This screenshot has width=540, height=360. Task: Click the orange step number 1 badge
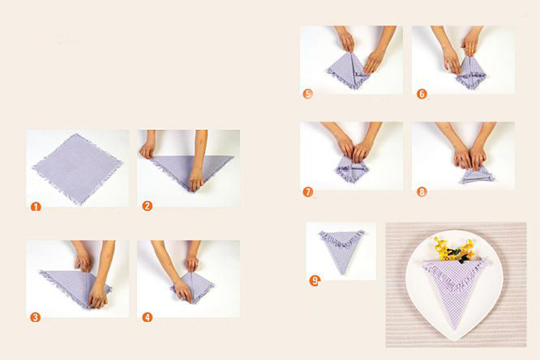click(36, 207)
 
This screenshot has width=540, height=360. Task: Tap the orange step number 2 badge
click(148, 206)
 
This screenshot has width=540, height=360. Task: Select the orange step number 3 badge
click(35, 317)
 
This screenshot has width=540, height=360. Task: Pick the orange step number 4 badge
click(148, 317)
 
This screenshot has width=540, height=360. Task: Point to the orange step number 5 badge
click(308, 94)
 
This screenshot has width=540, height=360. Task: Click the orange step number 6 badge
click(421, 94)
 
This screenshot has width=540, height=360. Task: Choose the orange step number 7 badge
click(308, 191)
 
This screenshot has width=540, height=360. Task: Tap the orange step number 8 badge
click(421, 191)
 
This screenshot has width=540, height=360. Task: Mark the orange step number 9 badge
click(314, 281)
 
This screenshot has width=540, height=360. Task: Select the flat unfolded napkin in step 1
click(78, 168)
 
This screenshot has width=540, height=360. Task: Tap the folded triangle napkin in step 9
click(341, 250)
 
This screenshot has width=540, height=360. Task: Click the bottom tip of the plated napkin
click(455, 329)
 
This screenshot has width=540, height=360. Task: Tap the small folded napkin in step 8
click(478, 176)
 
